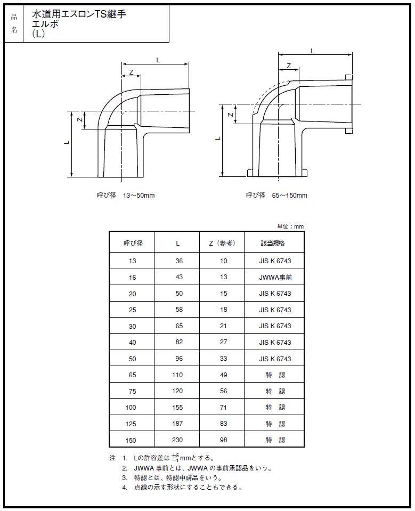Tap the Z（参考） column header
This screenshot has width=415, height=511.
click(222, 243)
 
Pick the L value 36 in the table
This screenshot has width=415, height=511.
click(178, 261)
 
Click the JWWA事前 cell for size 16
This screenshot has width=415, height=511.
click(275, 278)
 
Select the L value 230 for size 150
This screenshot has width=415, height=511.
click(178, 440)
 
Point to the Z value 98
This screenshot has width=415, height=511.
click(223, 440)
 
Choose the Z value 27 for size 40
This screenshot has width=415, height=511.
click(223, 343)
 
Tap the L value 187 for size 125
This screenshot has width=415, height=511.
click(178, 424)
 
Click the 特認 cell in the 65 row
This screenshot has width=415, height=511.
click(275, 375)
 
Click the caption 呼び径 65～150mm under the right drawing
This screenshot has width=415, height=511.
click(276, 196)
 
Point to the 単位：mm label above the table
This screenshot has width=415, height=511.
click(290, 226)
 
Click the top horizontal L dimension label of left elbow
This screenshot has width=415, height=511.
click(158, 60)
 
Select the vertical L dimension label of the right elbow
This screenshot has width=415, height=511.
click(218, 138)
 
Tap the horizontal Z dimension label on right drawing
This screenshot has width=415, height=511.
click(289, 66)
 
